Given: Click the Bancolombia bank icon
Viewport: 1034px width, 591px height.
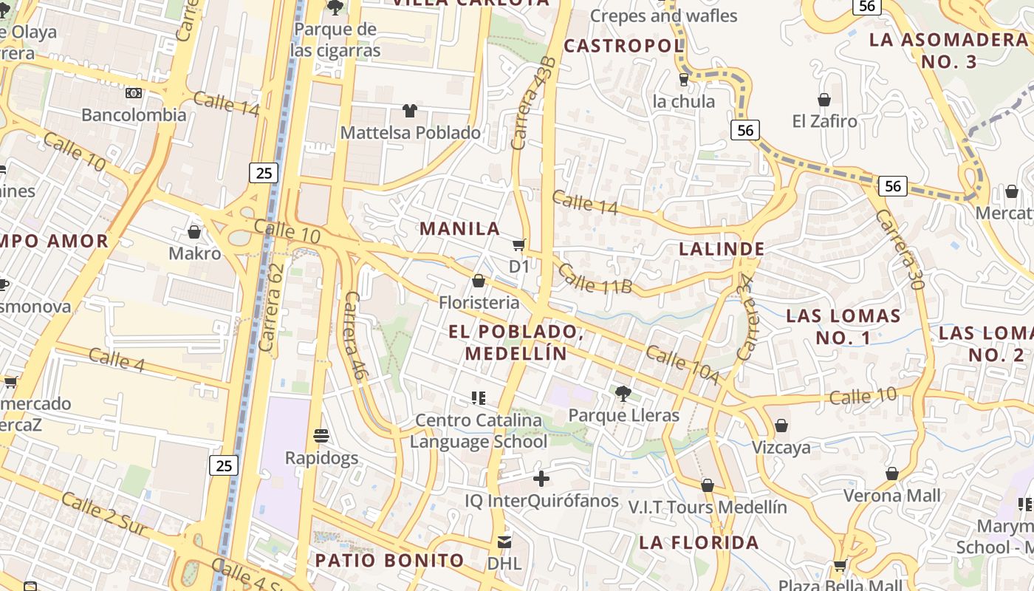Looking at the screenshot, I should coord(134,93).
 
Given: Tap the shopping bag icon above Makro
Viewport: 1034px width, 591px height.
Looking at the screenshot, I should coord(194,233).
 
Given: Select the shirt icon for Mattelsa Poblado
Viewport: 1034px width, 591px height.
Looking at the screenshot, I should coord(410,112).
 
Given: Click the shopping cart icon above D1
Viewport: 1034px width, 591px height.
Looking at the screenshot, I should coord(519,245).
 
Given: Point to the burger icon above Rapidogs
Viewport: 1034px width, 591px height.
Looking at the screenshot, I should coord(321,436).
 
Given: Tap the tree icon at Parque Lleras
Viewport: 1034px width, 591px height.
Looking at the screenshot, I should coord(623,393).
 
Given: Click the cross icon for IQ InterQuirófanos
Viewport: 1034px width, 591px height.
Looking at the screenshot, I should coord(541,479).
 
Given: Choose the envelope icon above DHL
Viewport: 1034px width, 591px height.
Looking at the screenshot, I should coord(504,542).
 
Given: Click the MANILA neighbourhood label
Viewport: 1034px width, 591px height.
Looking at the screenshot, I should coord(460,228).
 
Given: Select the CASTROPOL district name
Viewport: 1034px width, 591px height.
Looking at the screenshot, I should coord(624,46).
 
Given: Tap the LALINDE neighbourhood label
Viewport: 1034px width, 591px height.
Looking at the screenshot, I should coord(722,249).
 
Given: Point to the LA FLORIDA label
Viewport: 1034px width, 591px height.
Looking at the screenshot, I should coord(699,542).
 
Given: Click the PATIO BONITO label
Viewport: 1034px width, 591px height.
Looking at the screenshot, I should coord(390,560).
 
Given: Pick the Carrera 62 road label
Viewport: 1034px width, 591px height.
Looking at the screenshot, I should coord(271,307).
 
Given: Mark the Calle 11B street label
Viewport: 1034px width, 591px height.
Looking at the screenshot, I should coord(595,279).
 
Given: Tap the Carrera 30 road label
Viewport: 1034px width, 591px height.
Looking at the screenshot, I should coord(900,249).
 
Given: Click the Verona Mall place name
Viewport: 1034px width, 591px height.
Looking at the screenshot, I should coord(892,495).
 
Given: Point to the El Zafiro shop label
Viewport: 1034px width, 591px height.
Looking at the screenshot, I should coord(825,121).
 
